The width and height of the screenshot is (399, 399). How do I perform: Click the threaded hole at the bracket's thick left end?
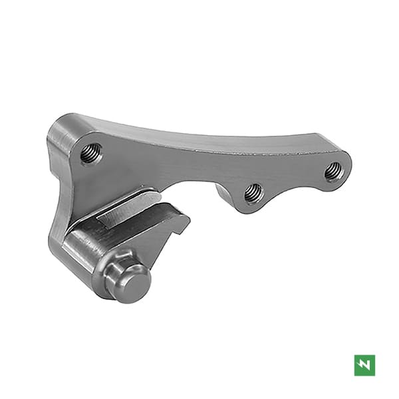(x=91, y=154)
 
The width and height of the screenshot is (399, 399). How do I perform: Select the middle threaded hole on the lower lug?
(x=252, y=194)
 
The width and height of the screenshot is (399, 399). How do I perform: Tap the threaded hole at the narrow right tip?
(x=334, y=172)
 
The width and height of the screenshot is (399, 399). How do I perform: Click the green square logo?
(x=364, y=364)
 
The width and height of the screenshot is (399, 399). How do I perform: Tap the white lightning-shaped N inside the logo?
(x=364, y=364)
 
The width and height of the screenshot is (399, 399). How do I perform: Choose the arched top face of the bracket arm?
(x=199, y=133)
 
